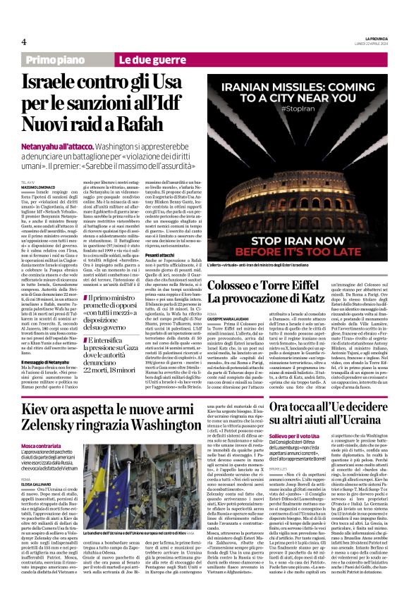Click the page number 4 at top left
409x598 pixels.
point(24,42)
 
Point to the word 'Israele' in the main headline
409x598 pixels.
point(55,82)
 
